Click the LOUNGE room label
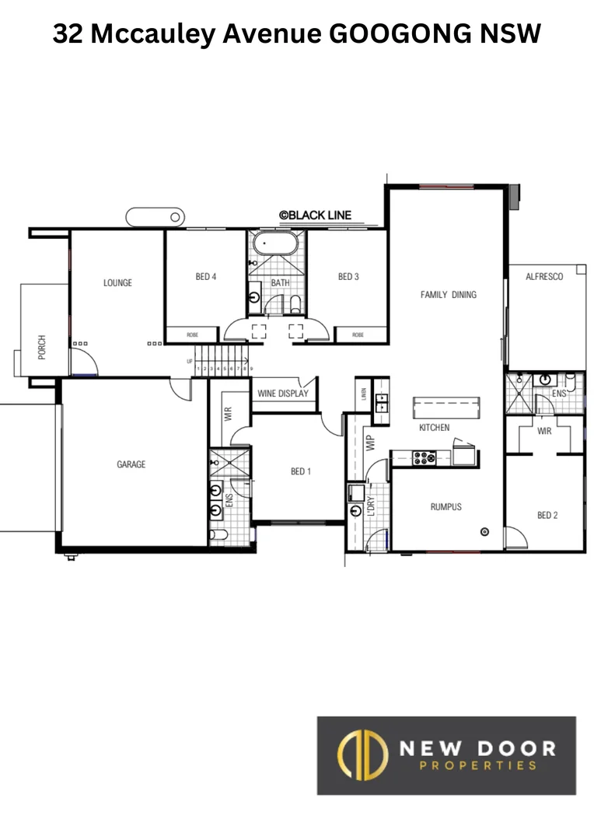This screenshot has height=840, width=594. pos(117,283)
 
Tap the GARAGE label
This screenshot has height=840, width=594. pos(131,464)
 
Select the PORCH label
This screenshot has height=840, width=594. pos(42,348)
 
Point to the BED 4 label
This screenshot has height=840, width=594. pos(206,276)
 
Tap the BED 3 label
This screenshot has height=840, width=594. pos(348,276)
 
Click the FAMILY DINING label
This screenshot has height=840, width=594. pos(448,295)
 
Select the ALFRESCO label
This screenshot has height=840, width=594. pos(544,277)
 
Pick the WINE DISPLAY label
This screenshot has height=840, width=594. pos(283,394)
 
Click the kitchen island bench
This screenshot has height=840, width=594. pos(445,407)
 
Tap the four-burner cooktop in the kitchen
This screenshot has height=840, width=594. pos(425,458)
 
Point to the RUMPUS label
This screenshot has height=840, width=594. pos(445,507)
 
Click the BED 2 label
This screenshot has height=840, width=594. pos(547,515)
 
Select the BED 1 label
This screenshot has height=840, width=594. pos(301,471)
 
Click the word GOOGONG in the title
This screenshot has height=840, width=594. pos(410,35)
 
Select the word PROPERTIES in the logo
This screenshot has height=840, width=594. pos(477,765)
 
